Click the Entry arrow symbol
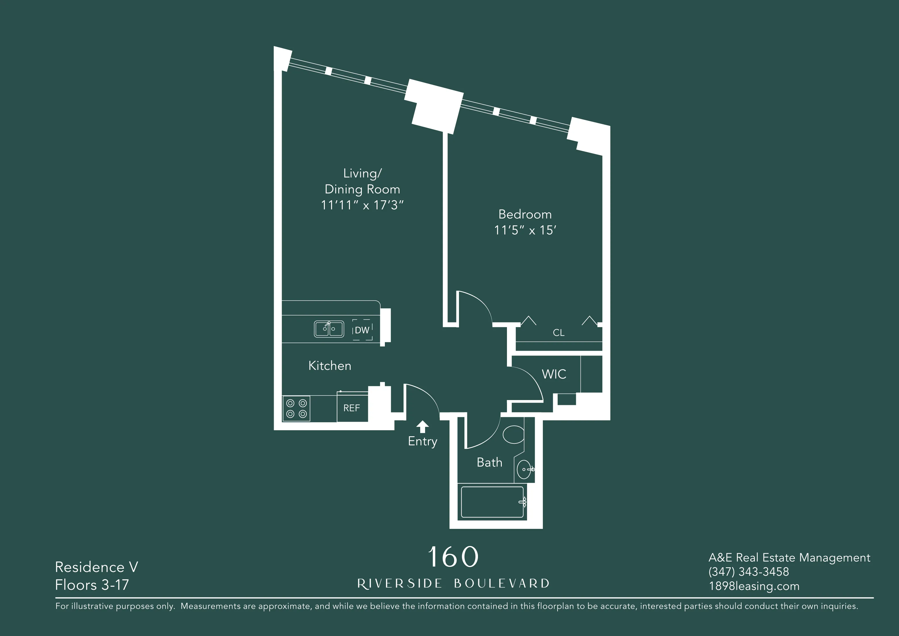[422, 426]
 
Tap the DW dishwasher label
[362, 330]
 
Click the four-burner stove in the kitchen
[296, 408]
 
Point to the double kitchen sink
[329, 329]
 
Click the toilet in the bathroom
[513, 435]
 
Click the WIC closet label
[554, 374]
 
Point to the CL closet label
[558, 333]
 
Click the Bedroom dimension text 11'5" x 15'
[525, 230]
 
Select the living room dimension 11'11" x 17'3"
[362, 205]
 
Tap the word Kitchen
[330, 366]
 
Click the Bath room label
[489, 462]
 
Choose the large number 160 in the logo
[453, 557]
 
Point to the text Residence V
[96, 567]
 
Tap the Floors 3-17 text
[92, 585]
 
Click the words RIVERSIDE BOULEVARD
[453, 583]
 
